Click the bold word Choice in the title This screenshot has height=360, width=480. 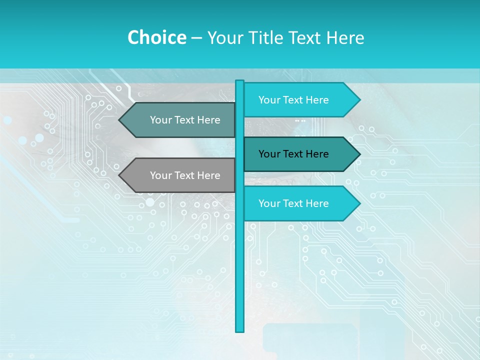156,38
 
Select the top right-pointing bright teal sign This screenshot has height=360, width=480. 295,100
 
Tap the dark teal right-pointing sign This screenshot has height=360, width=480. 295,154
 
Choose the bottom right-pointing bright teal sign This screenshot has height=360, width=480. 295,203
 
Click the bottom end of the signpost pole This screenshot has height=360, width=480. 240,330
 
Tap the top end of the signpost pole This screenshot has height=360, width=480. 240,81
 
